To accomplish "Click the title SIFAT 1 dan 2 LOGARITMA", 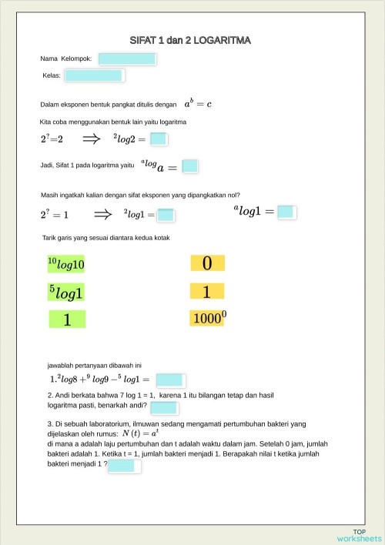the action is (x=191, y=40).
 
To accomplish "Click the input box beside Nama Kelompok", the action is (x=127, y=59).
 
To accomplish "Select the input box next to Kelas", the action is (x=94, y=75).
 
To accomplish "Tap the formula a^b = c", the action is (x=198, y=103).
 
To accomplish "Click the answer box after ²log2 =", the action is (x=159, y=139).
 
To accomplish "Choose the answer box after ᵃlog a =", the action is (x=190, y=166).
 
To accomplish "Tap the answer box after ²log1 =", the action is (x=166, y=216).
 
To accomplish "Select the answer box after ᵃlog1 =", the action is (x=286, y=212).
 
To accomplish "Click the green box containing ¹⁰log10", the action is (x=67, y=264).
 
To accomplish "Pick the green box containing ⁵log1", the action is (x=67, y=292).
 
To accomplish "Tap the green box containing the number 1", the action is (x=67, y=319).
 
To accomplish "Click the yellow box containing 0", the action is (x=207, y=263).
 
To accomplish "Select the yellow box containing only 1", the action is (x=207, y=292).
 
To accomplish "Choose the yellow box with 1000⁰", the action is (x=207, y=318).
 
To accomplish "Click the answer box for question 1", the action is (x=169, y=379).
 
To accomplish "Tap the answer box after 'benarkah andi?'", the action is (x=164, y=408).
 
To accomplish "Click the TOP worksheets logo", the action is (x=359, y=535).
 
